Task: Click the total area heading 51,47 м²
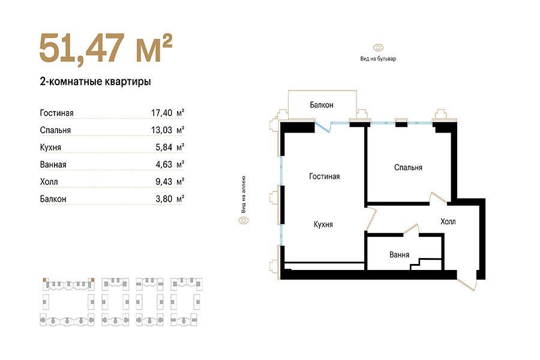coord(106,48)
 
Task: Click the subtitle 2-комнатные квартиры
coord(95,82)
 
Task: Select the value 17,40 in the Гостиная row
coord(161,113)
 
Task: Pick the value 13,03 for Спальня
coord(161,130)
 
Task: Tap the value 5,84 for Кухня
coord(164,147)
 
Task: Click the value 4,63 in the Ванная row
coord(164,164)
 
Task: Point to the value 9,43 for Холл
coord(164,182)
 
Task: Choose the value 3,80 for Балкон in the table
coord(164,199)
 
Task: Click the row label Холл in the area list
coord(49,182)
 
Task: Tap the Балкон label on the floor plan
coord(322,105)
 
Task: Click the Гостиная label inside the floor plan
coord(325,176)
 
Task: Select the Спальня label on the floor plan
coord(408,167)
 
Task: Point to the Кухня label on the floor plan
coord(323,224)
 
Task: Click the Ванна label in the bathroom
coord(399,254)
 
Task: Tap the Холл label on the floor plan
coord(448,221)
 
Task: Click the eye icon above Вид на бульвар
coord(378,47)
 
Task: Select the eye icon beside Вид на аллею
coord(244,220)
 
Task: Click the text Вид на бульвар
coord(378,59)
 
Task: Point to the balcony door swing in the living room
coord(324,127)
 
